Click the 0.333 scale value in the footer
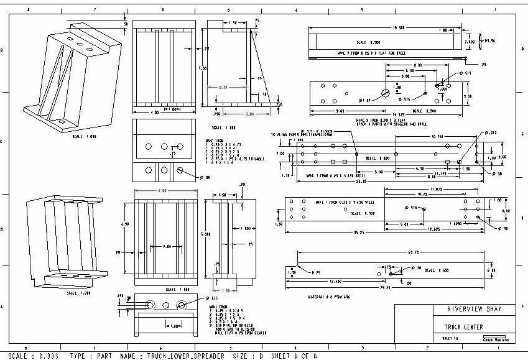pyautogui.click(x=42, y=356)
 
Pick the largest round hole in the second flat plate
pyautogui.click(x=386, y=93)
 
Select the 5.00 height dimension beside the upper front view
pyautogui.click(x=201, y=68)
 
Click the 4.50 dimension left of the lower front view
pyautogui.click(x=125, y=225)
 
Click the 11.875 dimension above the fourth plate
pyautogui.click(x=435, y=190)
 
